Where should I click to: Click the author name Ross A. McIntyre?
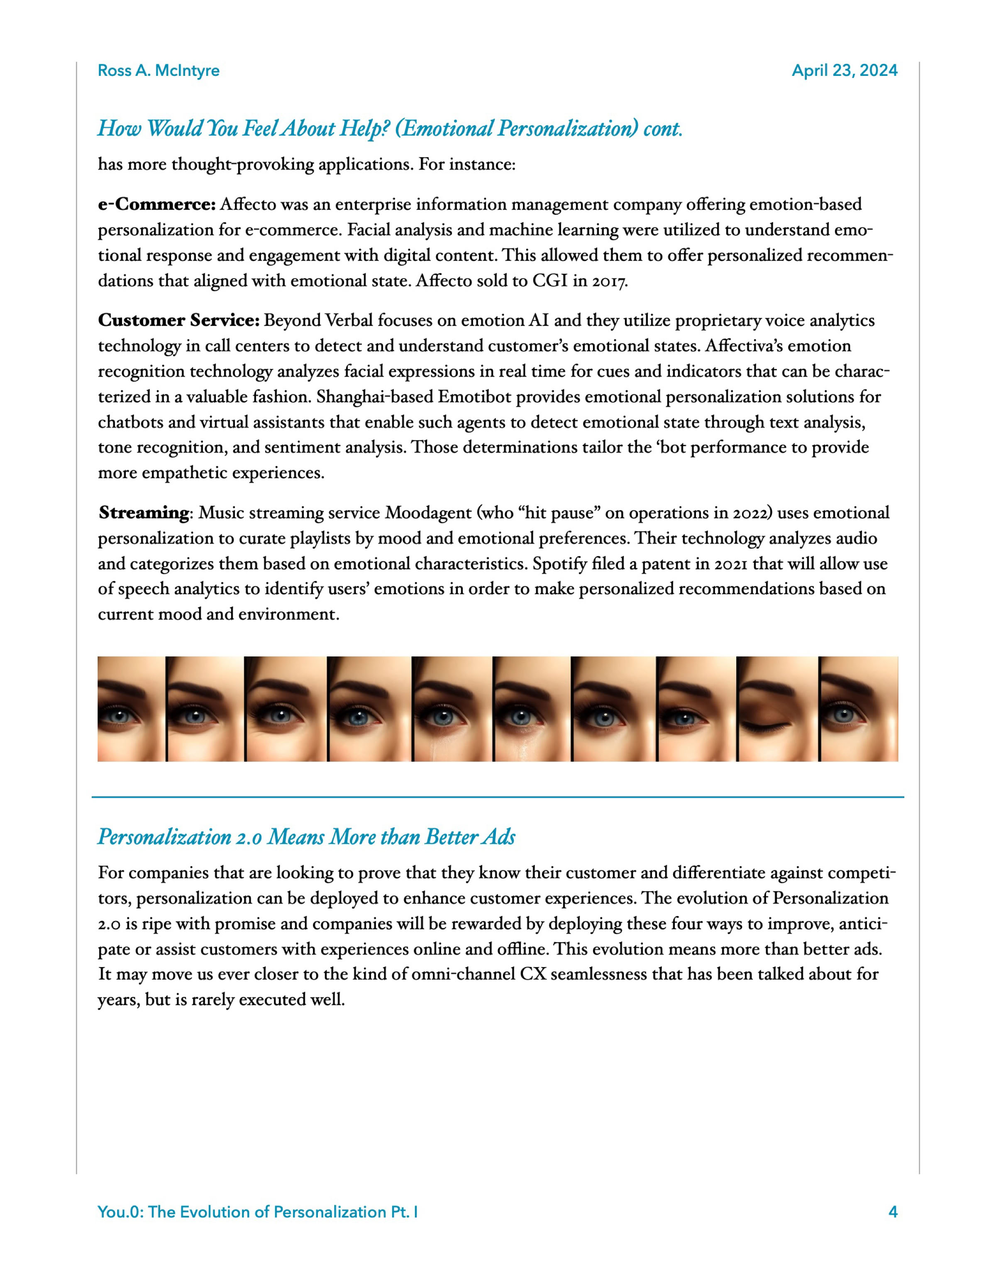(158, 71)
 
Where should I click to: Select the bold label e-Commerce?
(157, 204)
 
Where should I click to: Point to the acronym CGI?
(550, 281)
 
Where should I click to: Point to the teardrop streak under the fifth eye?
(435, 746)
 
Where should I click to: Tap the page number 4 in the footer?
(893, 1212)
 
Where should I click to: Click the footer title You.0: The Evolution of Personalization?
(257, 1212)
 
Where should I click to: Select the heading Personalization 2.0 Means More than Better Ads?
(306, 837)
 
